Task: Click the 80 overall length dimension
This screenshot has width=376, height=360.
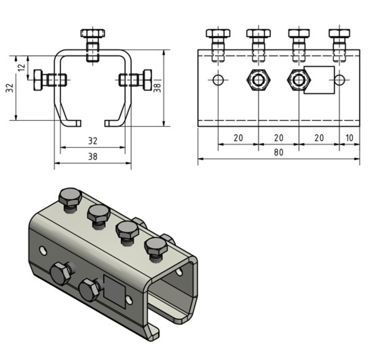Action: pyautogui.click(x=279, y=152)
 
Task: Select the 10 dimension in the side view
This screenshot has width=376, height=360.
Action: pyautogui.click(x=349, y=138)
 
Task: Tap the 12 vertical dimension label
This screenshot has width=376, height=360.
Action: pyautogui.click(x=22, y=67)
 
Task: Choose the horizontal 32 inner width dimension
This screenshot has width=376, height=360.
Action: pyautogui.click(x=92, y=141)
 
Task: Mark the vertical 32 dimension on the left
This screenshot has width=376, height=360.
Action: pyautogui.click(x=10, y=88)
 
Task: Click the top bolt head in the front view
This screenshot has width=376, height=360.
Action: pyautogui.click(x=93, y=33)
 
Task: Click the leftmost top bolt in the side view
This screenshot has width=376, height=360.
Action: pyautogui.click(x=218, y=33)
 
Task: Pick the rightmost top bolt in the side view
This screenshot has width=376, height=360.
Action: pyautogui.click(x=339, y=33)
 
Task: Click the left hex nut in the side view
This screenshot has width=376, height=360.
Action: pyautogui.click(x=259, y=80)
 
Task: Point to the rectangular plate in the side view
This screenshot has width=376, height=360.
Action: pyautogui.click(x=320, y=80)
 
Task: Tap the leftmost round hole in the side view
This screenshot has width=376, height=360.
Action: pyautogui.click(x=218, y=80)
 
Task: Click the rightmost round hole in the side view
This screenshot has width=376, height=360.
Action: pyautogui.click(x=340, y=80)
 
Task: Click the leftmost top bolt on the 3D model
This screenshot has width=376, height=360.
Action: pyautogui.click(x=70, y=197)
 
